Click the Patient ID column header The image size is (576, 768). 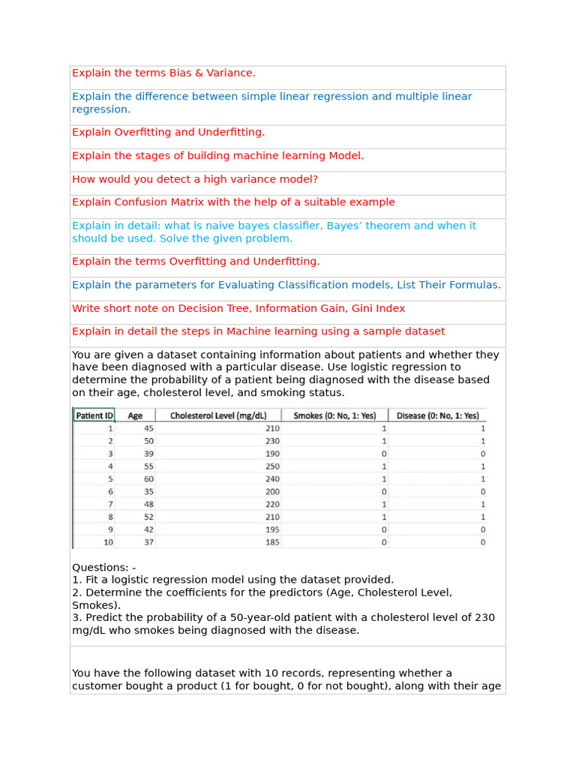click(94, 415)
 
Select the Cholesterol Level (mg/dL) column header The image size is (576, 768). click(217, 415)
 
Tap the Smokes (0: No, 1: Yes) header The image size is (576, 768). click(334, 415)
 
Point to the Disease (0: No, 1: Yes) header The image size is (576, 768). click(437, 415)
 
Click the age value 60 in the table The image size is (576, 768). click(148, 478)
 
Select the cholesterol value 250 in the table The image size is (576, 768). click(271, 466)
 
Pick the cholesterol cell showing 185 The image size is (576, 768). click(271, 541)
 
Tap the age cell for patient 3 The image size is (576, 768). click(148, 454)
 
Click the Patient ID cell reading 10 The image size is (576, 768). click(108, 541)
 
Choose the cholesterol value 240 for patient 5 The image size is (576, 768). click(271, 478)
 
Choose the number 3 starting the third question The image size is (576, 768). click(76, 617)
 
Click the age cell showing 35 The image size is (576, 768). click(148, 491)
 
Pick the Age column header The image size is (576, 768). click(135, 415)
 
